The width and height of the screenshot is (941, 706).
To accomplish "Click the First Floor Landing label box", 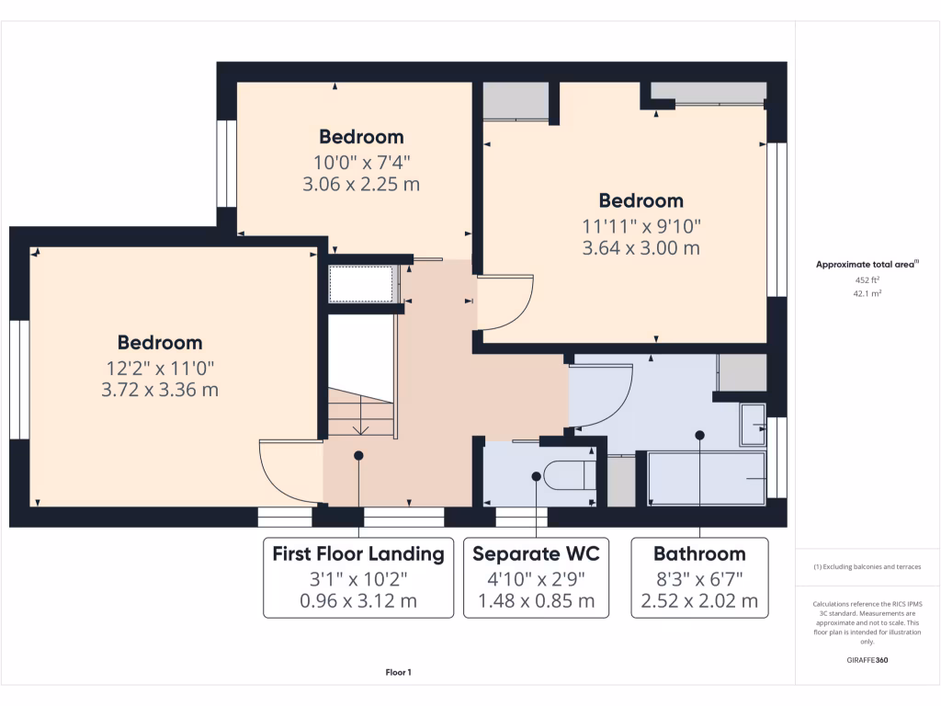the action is [x=358, y=577].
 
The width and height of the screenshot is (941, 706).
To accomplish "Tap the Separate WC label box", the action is [x=536, y=577].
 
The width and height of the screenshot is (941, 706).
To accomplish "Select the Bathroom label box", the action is [x=699, y=577].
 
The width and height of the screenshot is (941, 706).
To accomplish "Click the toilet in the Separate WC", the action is [x=570, y=475].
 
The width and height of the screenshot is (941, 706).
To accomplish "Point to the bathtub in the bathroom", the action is [x=707, y=478].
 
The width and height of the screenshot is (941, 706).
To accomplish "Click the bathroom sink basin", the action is [x=754, y=425].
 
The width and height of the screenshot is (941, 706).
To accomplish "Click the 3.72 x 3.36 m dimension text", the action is [x=160, y=390].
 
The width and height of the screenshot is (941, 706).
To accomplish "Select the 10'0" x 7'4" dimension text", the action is [x=361, y=162].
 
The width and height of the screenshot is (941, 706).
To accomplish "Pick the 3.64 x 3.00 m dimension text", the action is [x=641, y=248].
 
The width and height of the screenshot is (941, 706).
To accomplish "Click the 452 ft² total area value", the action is [x=867, y=279].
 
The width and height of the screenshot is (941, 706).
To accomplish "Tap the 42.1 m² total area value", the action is [x=867, y=293].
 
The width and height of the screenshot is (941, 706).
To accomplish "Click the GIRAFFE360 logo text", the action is [x=867, y=660].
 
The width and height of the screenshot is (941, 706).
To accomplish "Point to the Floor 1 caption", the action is [x=399, y=672].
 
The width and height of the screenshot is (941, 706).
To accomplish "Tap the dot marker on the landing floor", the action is [x=358, y=456].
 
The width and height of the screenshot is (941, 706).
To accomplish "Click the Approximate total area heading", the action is [x=867, y=264].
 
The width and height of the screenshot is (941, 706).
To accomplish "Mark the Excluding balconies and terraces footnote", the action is [x=867, y=566].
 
